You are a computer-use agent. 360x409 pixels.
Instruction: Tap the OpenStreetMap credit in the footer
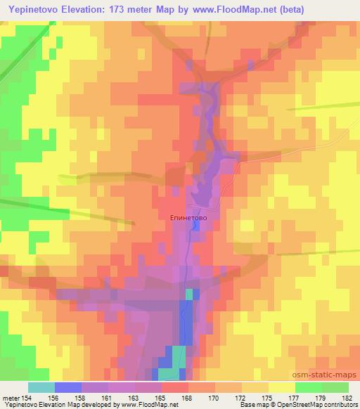pos(325,405)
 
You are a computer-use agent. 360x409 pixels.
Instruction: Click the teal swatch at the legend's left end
pos(41,387)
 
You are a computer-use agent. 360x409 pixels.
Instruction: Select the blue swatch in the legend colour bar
pos(68,387)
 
